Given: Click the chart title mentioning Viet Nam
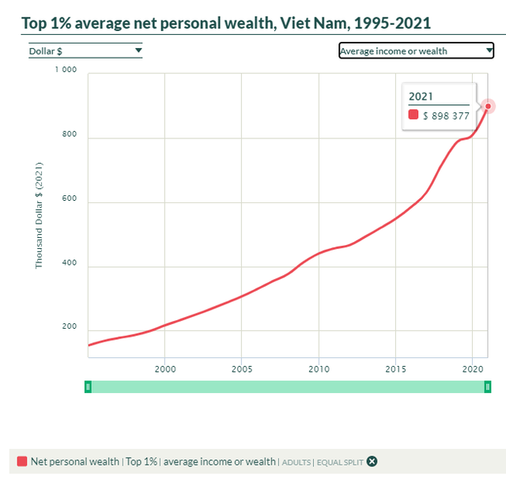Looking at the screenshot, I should [226, 22].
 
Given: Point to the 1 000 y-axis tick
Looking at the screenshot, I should [66, 70].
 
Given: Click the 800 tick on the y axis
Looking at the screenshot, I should [69, 134].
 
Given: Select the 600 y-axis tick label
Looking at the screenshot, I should [69, 199].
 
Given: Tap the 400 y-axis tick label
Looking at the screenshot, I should [69, 263].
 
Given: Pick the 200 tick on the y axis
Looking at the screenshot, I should [69, 327].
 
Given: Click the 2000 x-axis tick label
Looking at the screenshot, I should [164, 368].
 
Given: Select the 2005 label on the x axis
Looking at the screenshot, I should [241, 368].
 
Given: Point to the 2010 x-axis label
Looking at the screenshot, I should [319, 368].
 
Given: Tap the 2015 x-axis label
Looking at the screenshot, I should [395, 368].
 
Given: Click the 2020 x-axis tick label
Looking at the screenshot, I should [472, 368].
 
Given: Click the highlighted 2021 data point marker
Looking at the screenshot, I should [488, 106].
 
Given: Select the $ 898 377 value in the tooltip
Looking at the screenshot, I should [446, 115].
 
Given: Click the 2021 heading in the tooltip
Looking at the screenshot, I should [421, 96].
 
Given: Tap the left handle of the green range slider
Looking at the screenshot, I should [89, 387].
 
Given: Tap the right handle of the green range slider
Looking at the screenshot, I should [488, 387].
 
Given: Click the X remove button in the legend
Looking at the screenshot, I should [372, 462].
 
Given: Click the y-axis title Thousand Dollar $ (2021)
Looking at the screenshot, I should [39, 214].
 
